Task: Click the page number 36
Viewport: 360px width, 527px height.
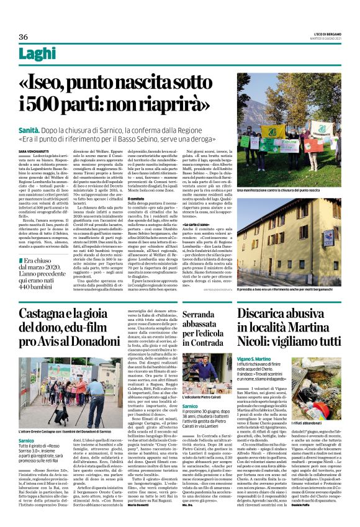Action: (24, 37)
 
